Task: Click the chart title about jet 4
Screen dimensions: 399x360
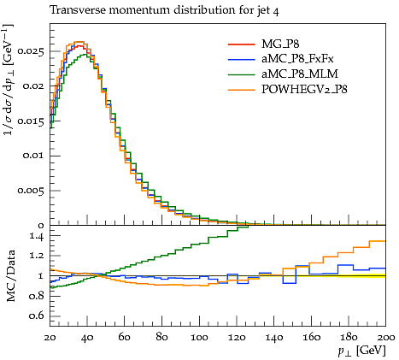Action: pos(165,10)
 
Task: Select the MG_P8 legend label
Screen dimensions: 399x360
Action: pos(280,44)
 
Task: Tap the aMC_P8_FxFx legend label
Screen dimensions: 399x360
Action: pos(297,59)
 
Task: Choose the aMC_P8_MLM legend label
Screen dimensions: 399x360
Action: pos(300,74)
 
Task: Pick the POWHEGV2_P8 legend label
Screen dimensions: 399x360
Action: pos(304,90)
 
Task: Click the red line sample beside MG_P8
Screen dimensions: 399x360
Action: pos(242,44)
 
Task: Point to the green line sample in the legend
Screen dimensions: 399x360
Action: pos(242,74)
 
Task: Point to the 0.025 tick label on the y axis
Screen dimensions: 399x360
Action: pos(31,51)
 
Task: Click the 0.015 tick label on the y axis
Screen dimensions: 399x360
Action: pos(31,121)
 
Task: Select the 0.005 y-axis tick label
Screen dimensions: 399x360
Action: pos(31,191)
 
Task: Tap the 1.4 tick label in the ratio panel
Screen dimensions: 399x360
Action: pos(37,236)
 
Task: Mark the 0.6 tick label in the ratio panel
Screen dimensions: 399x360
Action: pos(37,316)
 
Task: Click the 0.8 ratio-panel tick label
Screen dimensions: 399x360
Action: pos(37,296)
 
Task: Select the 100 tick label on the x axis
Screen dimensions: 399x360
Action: pos(199,338)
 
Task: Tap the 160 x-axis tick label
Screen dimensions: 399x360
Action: pos(311,338)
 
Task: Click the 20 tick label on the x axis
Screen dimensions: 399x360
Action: pos(50,338)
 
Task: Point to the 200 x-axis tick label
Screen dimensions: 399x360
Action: pos(386,338)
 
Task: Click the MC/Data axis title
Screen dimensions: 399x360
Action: pos(10,276)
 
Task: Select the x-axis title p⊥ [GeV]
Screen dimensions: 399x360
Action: pos(361,351)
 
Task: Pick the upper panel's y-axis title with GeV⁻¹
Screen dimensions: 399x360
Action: pos(9,80)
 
